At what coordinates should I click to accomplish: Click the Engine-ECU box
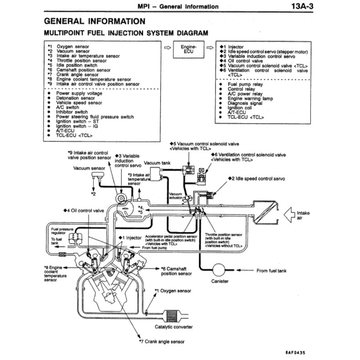(x=188, y=49)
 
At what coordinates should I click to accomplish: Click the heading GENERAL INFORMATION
(x=95, y=21)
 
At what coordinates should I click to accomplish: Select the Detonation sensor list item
(x=75, y=98)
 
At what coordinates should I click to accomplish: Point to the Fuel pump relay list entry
(x=245, y=84)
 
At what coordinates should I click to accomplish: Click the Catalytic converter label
(x=174, y=327)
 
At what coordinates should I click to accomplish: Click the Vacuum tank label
(x=158, y=162)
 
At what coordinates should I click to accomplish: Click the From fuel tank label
(x=272, y=271)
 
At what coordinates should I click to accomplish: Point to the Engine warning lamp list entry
(x=250, y=98)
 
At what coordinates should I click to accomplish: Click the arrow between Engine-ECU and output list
(x=210, y=47)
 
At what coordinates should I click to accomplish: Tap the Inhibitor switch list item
(x=72, y=112)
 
